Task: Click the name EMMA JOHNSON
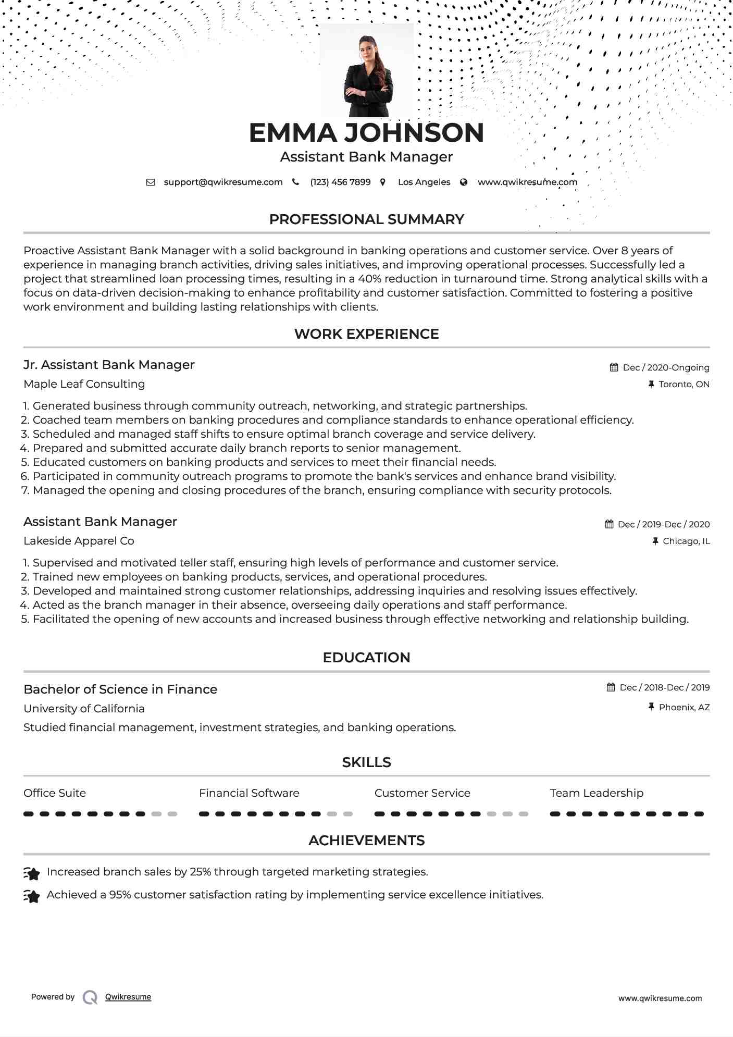[366, 133]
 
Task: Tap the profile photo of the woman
[367, 70]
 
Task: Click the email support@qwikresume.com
[223, 182]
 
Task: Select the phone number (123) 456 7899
[340, 182]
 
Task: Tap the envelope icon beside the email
[151, 182]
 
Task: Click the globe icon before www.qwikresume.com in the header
[464, 182]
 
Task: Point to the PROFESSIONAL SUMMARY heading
[366, 219]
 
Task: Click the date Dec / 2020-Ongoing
[666, 368]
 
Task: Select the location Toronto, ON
[684, 385]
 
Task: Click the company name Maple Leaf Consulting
[84, 384]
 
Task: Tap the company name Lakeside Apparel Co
[79, 541]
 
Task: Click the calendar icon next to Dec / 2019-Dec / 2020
[609, 524]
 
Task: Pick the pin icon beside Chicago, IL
[655, 541]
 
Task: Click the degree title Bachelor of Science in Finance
[120, 689]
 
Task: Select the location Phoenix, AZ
[684, 708]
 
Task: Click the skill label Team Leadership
[597, 793]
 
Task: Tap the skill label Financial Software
[249, 793]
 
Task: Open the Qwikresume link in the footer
[128, 997]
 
